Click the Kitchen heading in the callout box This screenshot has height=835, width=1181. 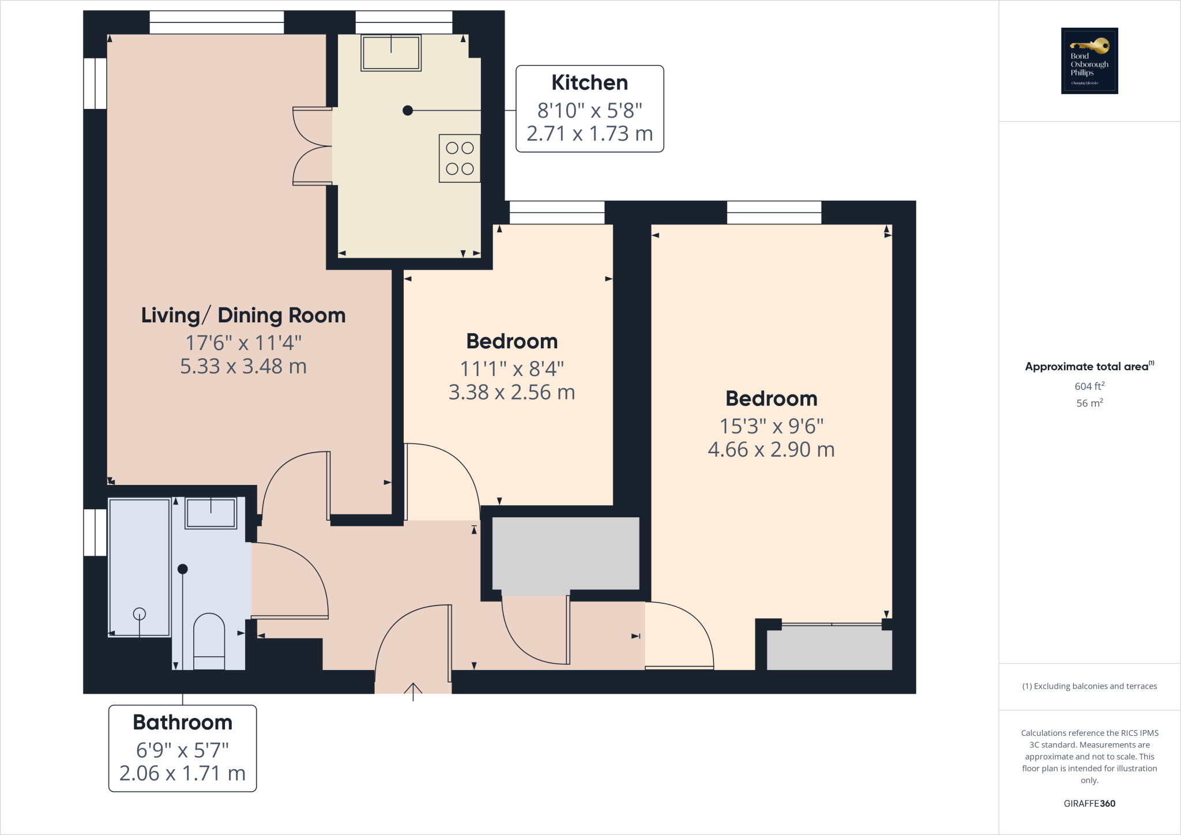[x=589, y=83]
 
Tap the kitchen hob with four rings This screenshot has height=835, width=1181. [x=460, y=159]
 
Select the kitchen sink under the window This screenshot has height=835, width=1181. [x=391, y=53]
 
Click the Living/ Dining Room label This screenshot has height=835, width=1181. [x=243, y=315]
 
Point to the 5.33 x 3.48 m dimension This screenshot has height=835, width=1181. [x=243, y=366]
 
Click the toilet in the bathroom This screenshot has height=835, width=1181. [x=209, y=641]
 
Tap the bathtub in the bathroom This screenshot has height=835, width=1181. [x=140, y=568]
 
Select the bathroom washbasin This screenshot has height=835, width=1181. [x=210, y=513]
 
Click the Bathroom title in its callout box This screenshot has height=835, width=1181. [x=182, y=723]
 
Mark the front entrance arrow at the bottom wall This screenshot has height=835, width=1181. [x=413, y=690]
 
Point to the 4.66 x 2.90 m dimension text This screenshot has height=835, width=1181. [x=771, y=450]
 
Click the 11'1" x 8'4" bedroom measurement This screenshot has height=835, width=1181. [x=511, y=368]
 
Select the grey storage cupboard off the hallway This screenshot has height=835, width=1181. [x=566, y=553]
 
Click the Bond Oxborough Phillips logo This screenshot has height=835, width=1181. [x=1089, y=61]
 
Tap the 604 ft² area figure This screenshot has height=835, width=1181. [x=1089, y=386]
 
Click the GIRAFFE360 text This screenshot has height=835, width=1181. [x=1089, y=803]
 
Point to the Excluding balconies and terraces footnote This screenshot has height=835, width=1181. [x=1089, y=686]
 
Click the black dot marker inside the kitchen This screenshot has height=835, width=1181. [x=408, y=110]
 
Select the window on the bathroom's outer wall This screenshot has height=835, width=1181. [x=95, y=532]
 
